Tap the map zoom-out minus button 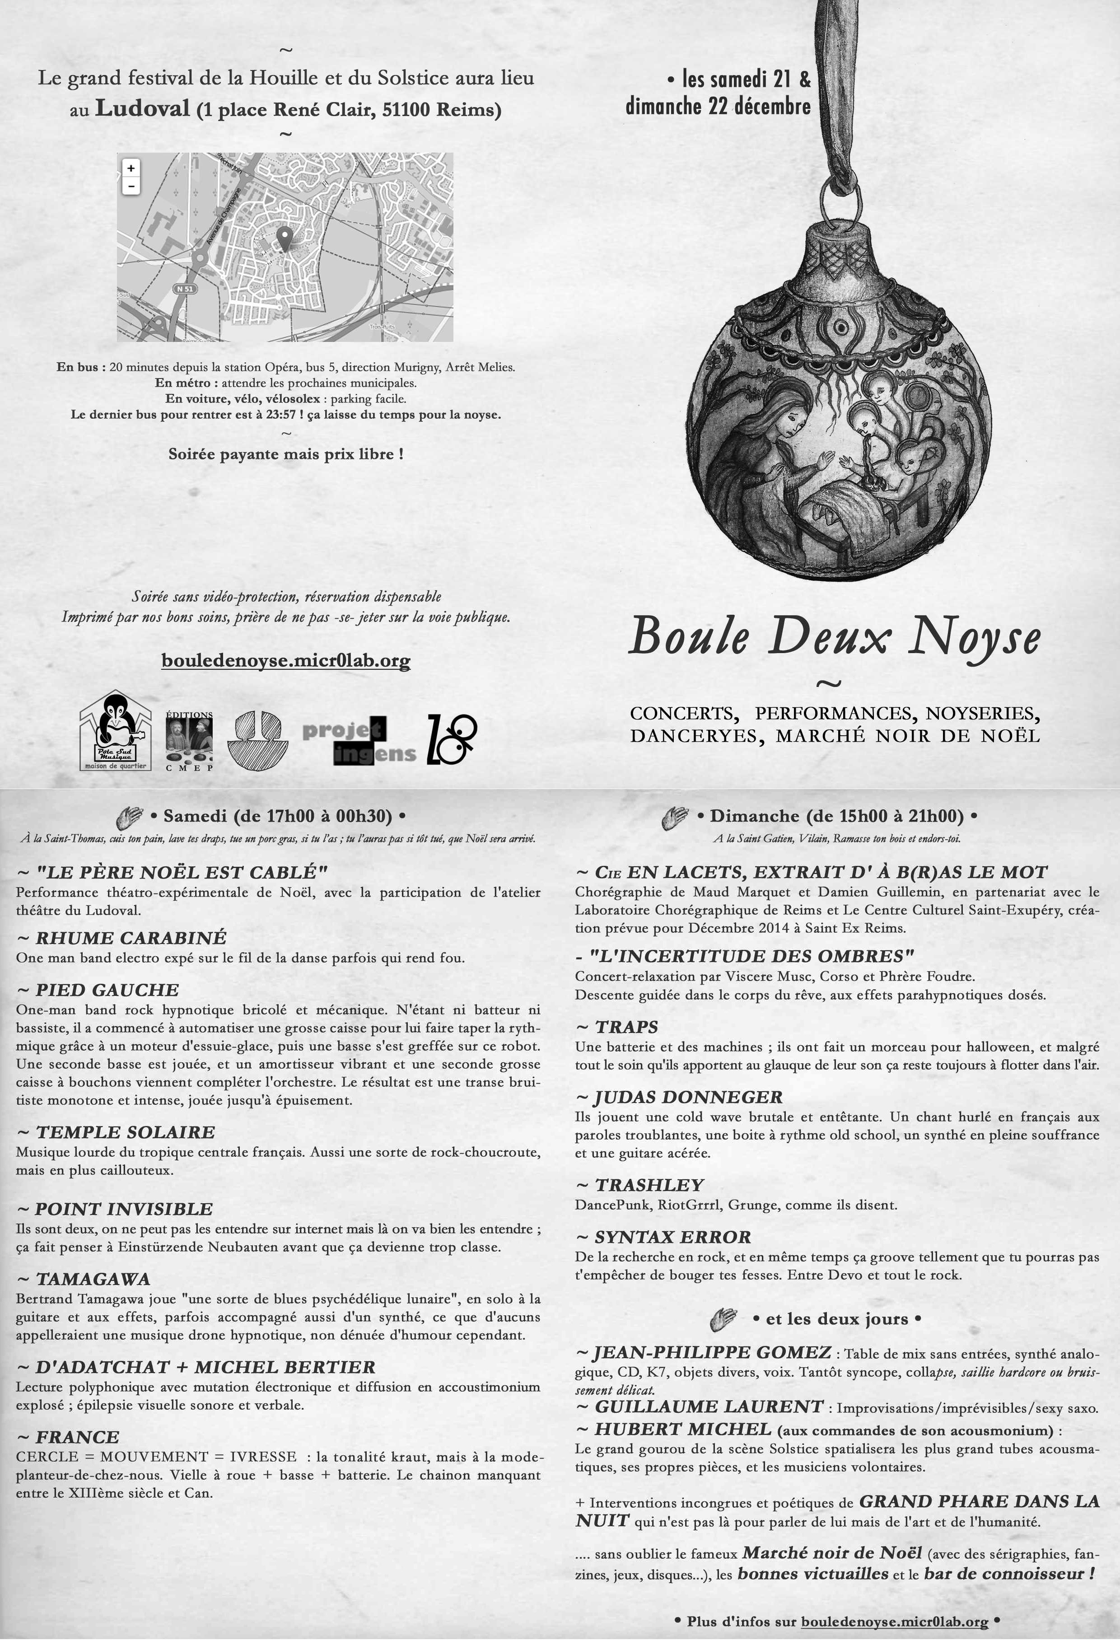point(131,186)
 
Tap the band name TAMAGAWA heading point(93,1280)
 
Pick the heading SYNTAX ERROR point(672,1237)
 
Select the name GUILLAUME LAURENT point(709,1406)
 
